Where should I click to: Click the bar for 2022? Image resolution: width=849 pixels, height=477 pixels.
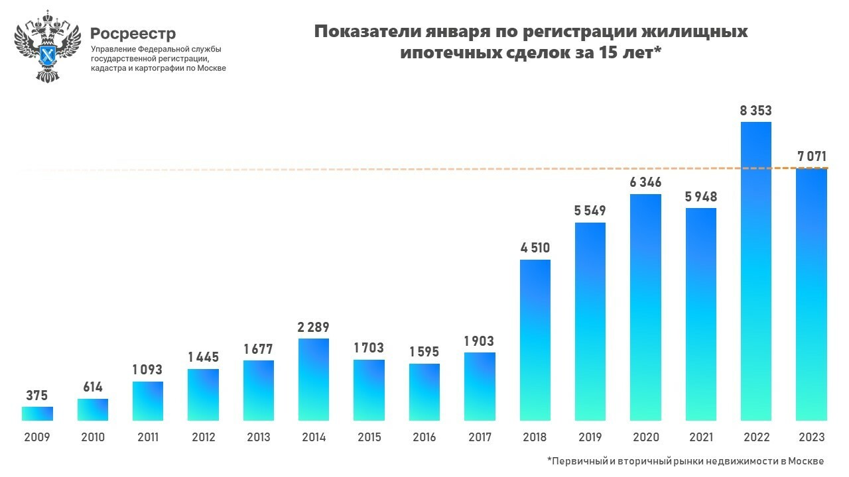point(755,272)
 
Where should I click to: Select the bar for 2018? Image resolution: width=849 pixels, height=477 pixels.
point(535,340)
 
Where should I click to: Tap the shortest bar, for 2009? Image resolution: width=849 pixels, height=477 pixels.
point(37,413)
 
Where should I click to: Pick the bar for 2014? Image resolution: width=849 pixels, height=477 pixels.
point(314,380)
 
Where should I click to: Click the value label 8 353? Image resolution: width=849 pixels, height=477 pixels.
point(755,111)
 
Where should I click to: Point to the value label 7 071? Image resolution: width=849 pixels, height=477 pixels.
point(811,157)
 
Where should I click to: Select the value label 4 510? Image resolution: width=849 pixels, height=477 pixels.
point(535,248)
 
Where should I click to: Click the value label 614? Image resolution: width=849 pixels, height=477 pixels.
point(92,387)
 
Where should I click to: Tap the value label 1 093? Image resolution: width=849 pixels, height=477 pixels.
point(147,370)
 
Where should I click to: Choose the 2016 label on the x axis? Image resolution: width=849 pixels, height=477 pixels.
point(424,438)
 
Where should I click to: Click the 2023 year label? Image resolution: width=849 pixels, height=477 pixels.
point(811,438)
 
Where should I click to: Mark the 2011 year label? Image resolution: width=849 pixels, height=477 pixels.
point(147,438)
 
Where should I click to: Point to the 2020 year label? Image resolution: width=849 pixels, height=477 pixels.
point(645,438)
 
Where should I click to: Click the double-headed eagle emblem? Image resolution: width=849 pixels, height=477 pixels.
point(47,47)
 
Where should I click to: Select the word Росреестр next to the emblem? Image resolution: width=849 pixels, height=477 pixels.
point(133,33)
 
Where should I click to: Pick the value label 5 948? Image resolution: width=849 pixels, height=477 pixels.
point(700,197)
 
